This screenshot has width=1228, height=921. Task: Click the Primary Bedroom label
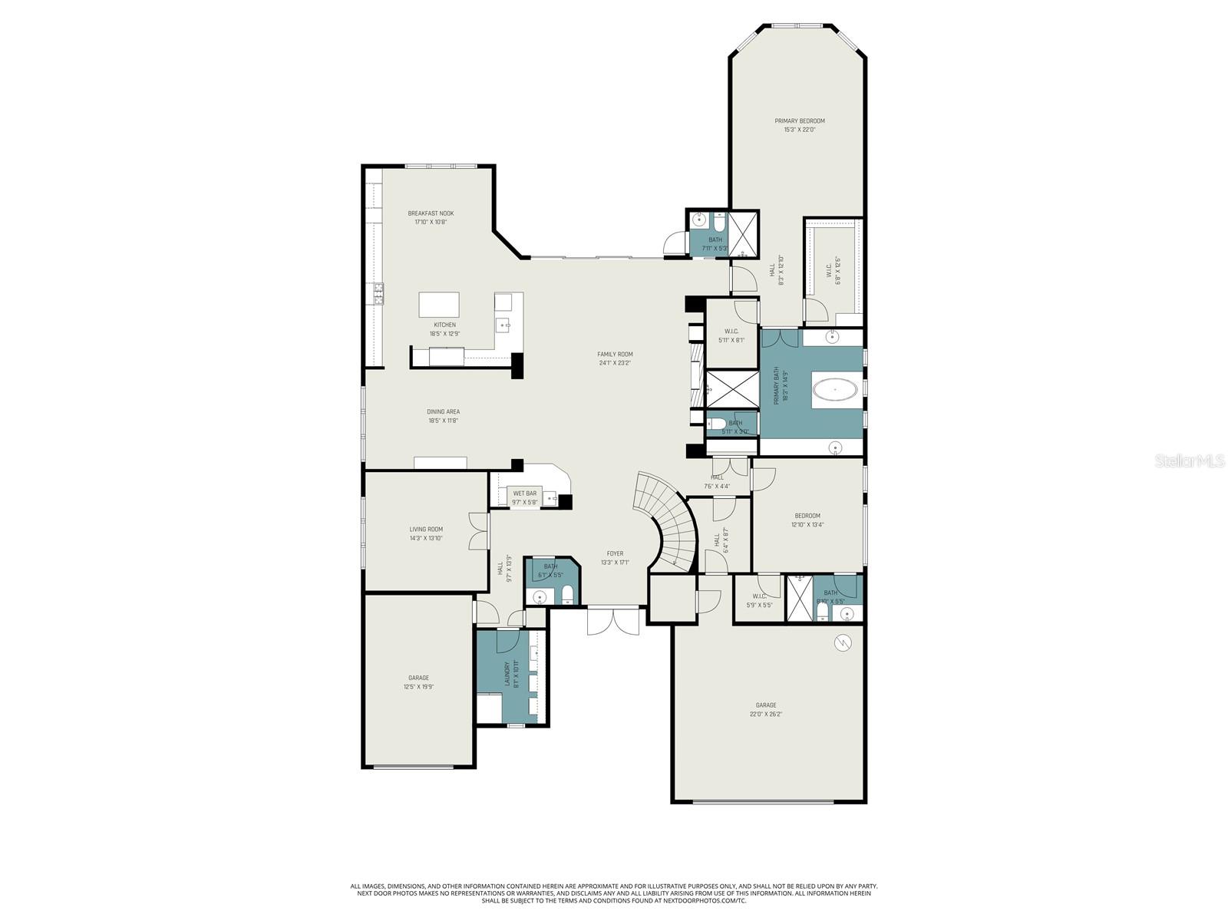tap(799, 121)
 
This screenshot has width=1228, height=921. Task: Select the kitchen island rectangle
tap(439, 305)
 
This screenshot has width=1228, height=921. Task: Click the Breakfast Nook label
tap(431, 213)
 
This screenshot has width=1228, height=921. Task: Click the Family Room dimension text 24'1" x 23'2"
tap(615, 363)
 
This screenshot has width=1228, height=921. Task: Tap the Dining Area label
tap(444, 412)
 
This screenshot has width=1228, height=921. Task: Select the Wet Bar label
tap(525, 494)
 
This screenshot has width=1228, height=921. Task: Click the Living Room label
tap(426, 530)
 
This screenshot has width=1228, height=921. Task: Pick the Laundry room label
tap(507, 674)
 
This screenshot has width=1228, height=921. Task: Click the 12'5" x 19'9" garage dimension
tap(418, 687)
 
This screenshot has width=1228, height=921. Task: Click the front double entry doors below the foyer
tap(613, 620)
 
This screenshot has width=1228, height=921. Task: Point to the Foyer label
tap(615, 553)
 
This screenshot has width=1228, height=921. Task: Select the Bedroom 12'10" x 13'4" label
tap(807, 516)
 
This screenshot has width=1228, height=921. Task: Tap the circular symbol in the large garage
tap(843, 643)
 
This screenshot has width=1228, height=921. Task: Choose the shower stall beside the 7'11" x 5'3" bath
tap(742, 233)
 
